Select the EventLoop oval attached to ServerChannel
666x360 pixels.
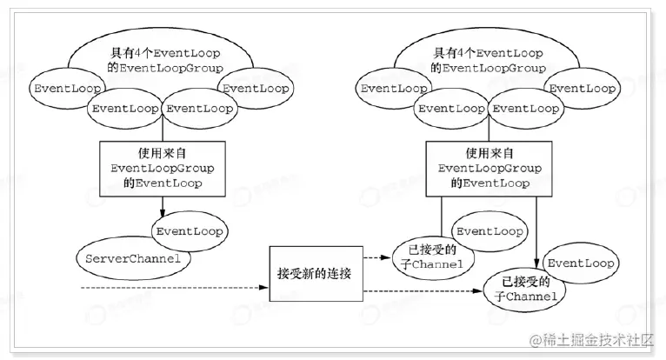point(189,232)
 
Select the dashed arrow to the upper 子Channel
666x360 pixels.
point(376,257)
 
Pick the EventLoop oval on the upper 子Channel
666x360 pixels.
point(490,231)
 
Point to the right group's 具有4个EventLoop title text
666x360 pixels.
point(490,60)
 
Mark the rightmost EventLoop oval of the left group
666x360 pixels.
point(257,88)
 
